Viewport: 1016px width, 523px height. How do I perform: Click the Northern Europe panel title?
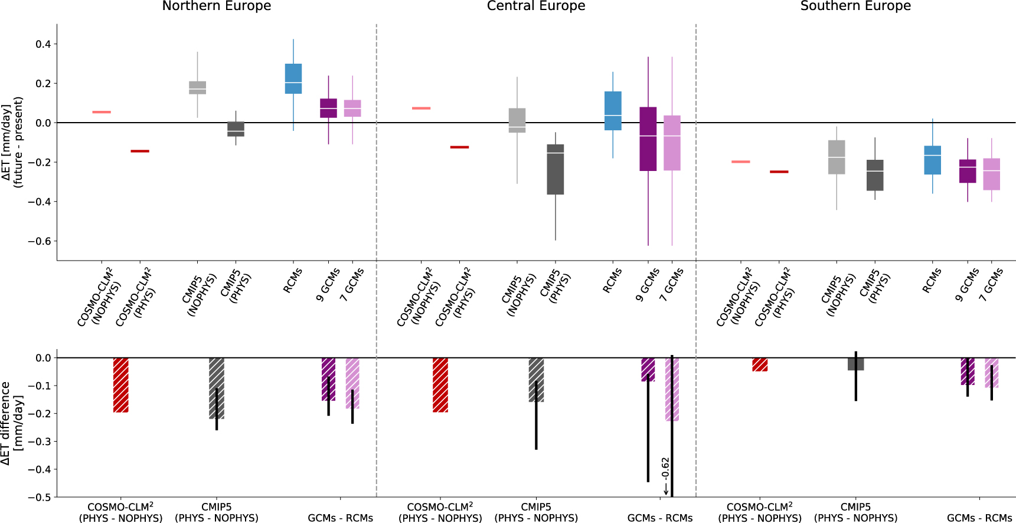tap(217, 6)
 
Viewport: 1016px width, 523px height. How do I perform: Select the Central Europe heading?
tap(536, 6)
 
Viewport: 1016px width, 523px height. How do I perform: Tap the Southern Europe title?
tap(855, 6)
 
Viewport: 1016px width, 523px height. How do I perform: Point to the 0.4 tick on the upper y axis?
tap(43, 44)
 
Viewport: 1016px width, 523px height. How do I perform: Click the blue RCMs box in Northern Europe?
tap(293, 78)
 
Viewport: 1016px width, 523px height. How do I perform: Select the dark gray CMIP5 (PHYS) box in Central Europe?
tap(555, 169)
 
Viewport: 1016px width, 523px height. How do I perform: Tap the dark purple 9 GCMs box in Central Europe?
tap(648, 139)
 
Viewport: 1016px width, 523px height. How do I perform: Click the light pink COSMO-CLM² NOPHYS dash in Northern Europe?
tap(102, 112)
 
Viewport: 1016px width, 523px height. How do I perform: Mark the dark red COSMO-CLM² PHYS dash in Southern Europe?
tap(779, 172)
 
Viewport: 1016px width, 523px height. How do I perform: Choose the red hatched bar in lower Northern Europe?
tap(121, 385)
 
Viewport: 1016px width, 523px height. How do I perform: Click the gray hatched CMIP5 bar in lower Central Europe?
tap(536, 380)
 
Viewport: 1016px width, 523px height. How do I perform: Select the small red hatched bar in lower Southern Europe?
tap(760, 364)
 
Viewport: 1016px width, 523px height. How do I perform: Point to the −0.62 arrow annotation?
tap(665, 475)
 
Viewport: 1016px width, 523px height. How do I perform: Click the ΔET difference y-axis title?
tap(12, 422)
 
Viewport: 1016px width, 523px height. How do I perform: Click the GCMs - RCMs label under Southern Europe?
tap(979, 518)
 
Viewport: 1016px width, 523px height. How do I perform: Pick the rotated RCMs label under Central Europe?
tap(612, 281)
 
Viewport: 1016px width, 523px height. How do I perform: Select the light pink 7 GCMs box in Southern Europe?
tap(992, 174)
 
